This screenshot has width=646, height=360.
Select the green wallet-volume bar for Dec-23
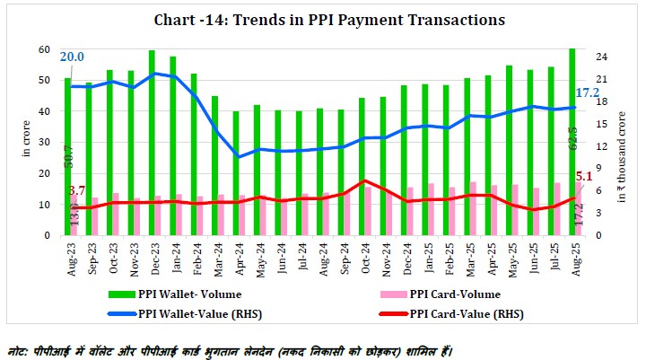tap(152, 144)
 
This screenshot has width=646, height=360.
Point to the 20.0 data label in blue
tap(73, 57)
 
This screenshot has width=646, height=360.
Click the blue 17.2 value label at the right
tap(589, 92)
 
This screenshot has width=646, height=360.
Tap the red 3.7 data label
tap(77, 191)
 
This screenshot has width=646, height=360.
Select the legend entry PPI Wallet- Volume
tap(189, 293)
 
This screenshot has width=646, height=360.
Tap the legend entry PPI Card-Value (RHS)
tap(466, 313)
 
